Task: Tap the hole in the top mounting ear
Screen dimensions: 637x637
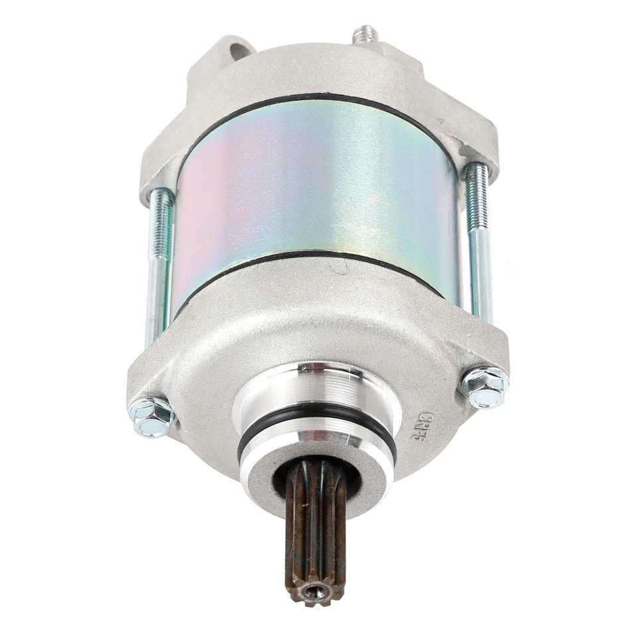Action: [242, 50]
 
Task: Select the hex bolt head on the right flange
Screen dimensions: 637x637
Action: [485, 386]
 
